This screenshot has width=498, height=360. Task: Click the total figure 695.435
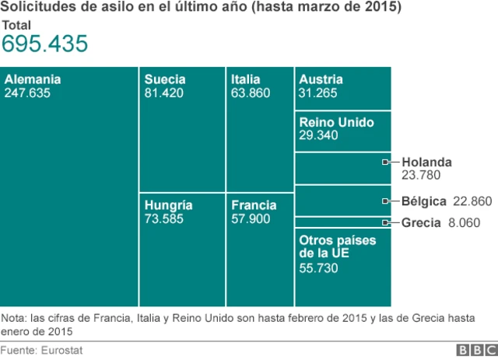pyautogui.click(x=44, y=45)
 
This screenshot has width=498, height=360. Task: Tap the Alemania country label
pyautogui.click(x=33, y=79)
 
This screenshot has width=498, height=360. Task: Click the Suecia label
pyautogui.click(x=165, y=79)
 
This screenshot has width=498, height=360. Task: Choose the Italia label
pyautogui.click(x=246, y=79)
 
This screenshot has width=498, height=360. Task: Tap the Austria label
pyautogui.click(x=321, y=79)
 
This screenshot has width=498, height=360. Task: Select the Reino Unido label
pyautogui.click(x=336, y=122)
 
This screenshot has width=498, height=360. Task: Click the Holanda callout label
pyautogui.click(x=426, y=162)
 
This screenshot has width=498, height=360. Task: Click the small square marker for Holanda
pyautogui.click(x=386, y=162)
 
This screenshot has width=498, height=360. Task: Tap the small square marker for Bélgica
pyautogui.click(x=386, y=201)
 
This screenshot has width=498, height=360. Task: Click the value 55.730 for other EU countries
pyautogui.click(x=319, y=267)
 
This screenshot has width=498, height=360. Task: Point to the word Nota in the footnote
pyautogui.click(x=13, y=318)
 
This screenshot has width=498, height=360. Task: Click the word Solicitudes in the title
pyautogui.click(x=34, y=8)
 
